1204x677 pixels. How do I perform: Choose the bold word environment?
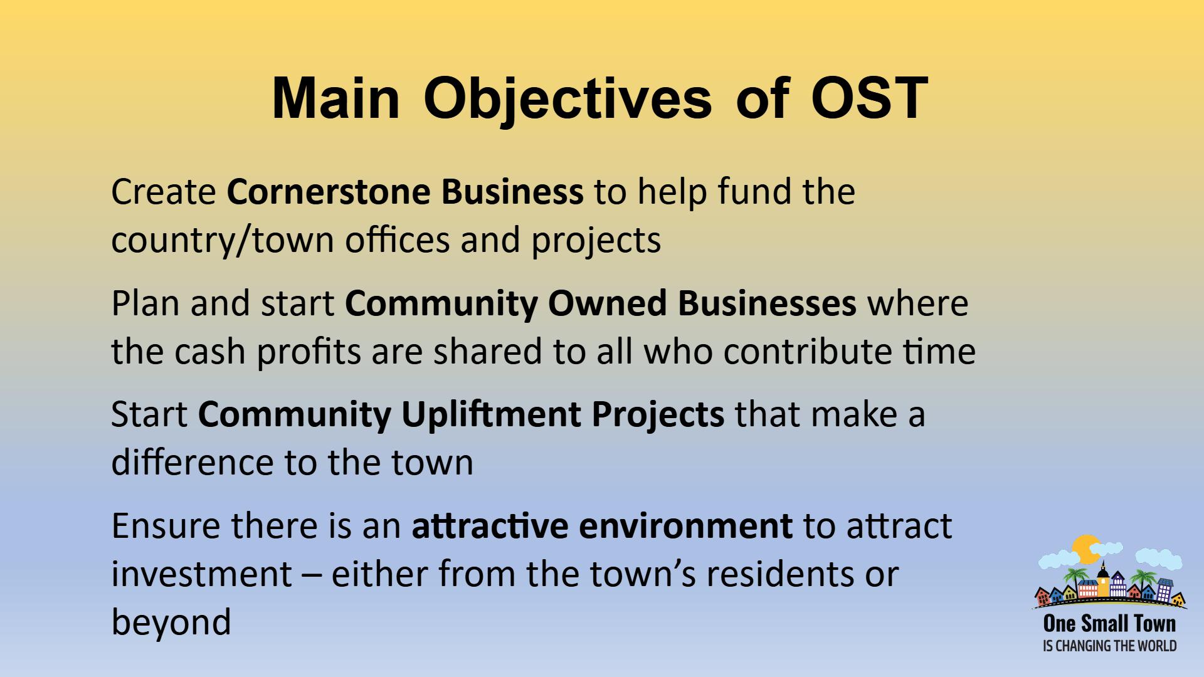coord(685,526)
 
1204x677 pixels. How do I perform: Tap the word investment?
coord(201,574)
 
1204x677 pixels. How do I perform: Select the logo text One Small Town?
coord(1109,624)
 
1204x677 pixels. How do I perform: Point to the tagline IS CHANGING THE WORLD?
coord(1109,646)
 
